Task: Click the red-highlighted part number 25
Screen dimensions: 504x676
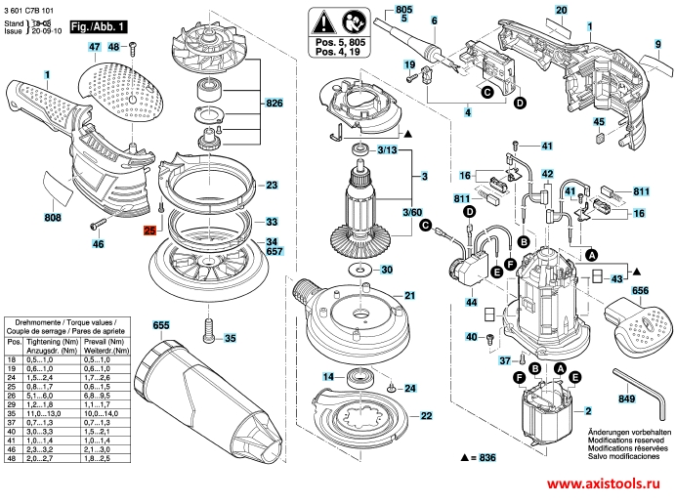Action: [x=149, y=231]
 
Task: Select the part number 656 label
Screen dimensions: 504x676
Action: [x=640, y=290]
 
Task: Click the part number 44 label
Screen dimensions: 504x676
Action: [x=472, y=304]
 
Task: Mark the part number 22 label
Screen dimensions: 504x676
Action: [x=426, y=415]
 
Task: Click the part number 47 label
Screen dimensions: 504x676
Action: [x=94, y=47]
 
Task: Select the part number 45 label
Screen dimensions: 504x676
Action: [x=599, y=122]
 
